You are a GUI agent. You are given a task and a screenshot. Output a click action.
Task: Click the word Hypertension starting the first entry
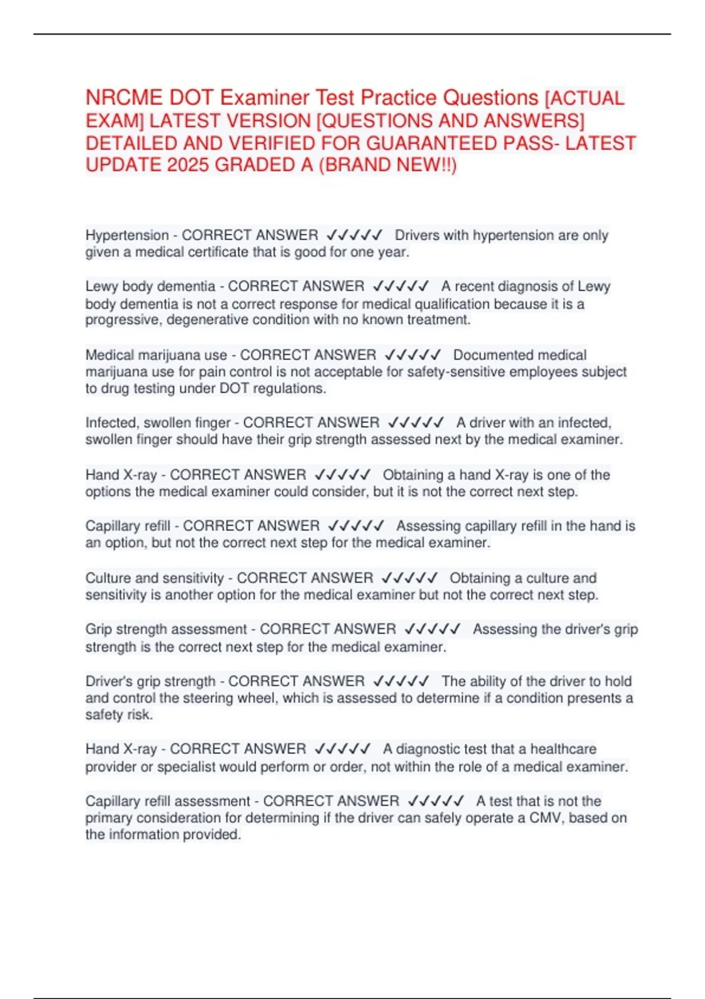coord(127,236)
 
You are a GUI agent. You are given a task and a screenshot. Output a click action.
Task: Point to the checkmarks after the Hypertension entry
coord(354,236)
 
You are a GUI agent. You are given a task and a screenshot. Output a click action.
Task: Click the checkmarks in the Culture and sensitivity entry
coord(409,578)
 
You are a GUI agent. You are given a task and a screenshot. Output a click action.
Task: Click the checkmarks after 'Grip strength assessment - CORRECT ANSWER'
coord(433,629)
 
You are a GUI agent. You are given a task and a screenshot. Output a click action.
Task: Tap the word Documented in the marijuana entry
coord(492,356)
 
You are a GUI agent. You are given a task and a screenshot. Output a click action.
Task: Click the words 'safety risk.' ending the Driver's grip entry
coord(119,715)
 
